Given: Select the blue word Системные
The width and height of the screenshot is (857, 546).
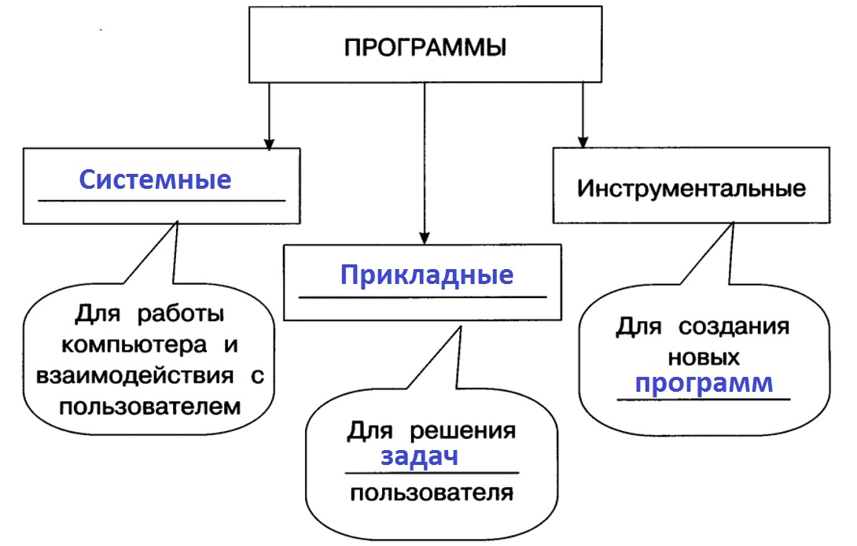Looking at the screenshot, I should coord(156,179).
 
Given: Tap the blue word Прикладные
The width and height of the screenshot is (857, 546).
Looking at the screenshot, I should coord(427,275).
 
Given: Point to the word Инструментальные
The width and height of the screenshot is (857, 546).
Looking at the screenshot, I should coord(691,189).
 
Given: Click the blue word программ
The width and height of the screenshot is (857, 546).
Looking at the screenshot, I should coord(704,384).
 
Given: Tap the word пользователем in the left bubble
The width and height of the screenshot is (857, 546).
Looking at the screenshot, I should coord(149,407).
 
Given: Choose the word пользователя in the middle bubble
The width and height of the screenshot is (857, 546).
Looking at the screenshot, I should coord(432,493).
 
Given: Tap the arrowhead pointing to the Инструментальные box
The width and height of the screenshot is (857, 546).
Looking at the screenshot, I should coord(582,142).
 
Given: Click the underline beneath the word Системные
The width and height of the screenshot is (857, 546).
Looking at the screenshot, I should coord(162,201).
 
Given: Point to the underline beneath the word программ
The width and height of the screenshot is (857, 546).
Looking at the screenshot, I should coord(702,400).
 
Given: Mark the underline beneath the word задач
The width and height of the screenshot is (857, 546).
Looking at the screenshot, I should coord(432,473).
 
